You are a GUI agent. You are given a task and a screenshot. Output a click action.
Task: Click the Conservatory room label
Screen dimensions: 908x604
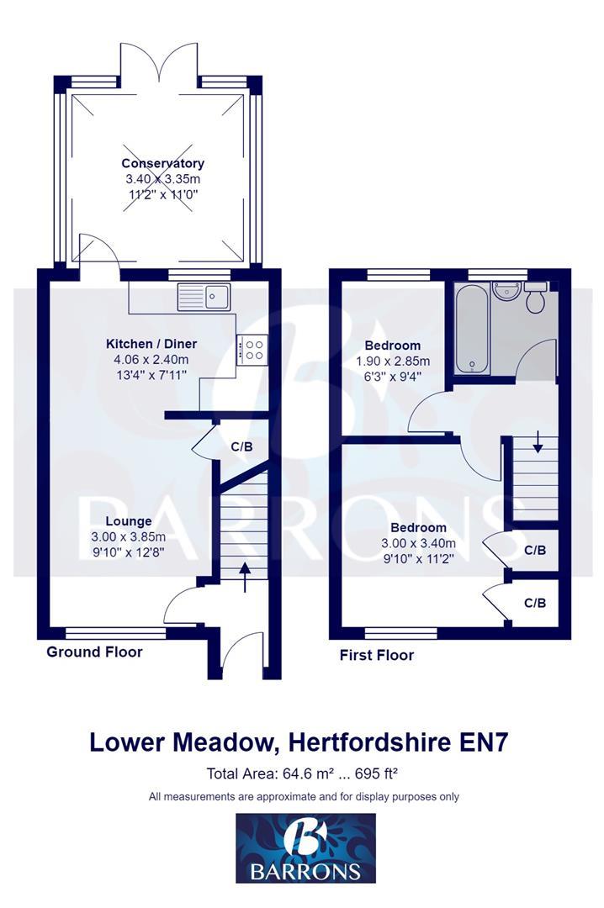(162, 163)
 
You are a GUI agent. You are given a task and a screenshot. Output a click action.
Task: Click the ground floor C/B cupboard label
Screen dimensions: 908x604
(241, 446)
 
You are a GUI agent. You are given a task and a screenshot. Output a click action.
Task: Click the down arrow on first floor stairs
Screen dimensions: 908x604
(537, 440)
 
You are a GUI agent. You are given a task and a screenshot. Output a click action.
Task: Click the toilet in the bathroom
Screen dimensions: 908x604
(536, 298)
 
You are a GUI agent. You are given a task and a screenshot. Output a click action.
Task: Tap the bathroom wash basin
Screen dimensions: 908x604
(506, 293)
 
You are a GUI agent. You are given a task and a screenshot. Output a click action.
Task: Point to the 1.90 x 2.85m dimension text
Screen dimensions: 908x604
(391, 362)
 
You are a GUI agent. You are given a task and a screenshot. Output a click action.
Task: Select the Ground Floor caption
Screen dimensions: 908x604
(94, 652)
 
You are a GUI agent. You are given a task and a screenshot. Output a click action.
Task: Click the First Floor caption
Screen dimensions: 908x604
(376, 655)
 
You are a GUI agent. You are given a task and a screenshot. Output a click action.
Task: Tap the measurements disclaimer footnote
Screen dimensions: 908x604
(304, 796)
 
